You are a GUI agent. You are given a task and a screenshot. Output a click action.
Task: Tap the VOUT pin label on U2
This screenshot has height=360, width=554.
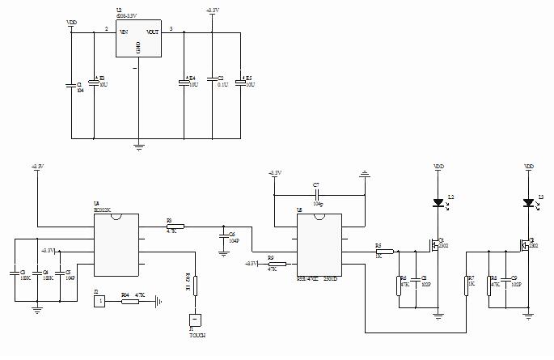click(x=152, y=32)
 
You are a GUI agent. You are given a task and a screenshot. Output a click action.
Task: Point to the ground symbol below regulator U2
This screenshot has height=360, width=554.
click(x=138, y=146)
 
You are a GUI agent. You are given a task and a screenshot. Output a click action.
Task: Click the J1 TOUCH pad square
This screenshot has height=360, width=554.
click(x=193, y=320)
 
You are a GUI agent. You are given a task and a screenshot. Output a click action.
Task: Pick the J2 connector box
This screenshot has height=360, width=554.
click(x=99, y=302)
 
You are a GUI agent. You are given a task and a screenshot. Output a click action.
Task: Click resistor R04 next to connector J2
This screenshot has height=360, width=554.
click(x=129, y=302)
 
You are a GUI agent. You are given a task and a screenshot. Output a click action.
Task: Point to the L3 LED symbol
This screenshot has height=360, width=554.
click(x=528, y=202)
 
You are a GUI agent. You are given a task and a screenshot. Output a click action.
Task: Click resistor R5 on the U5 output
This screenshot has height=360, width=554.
click(x=385, y=252)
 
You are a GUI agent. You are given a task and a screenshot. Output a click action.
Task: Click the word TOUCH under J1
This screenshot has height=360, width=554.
click(x=197, y=334)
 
